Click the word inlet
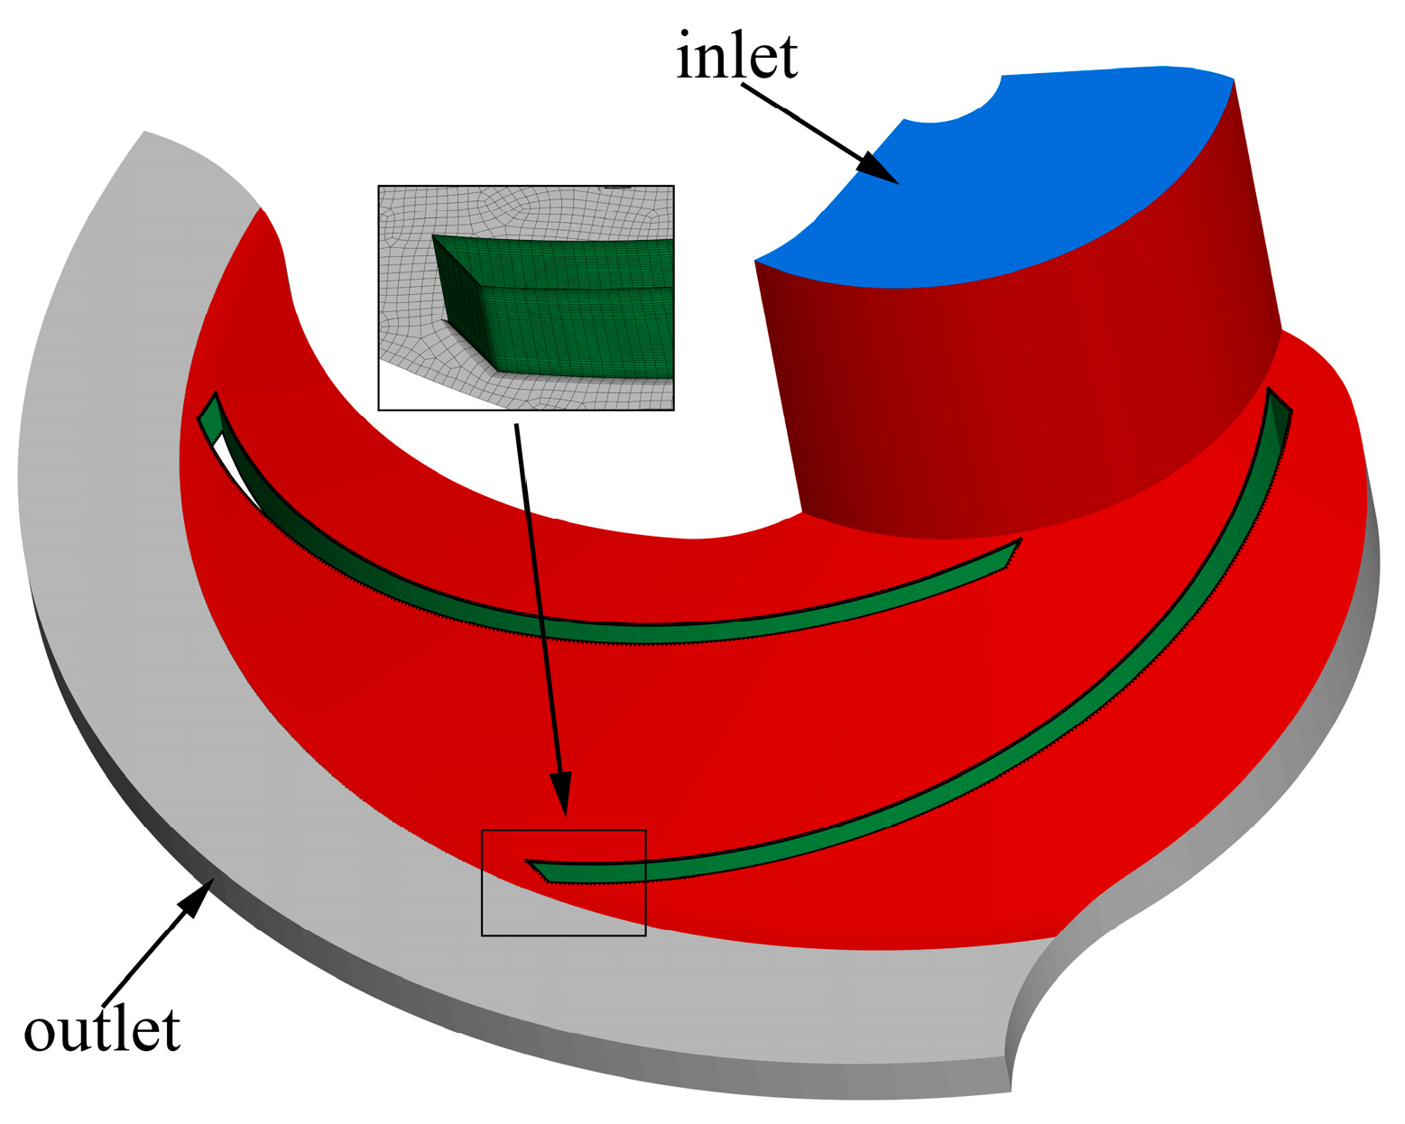tap(736, 57)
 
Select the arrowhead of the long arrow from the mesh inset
tap(562, 792)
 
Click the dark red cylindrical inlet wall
tap(1019, 405)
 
